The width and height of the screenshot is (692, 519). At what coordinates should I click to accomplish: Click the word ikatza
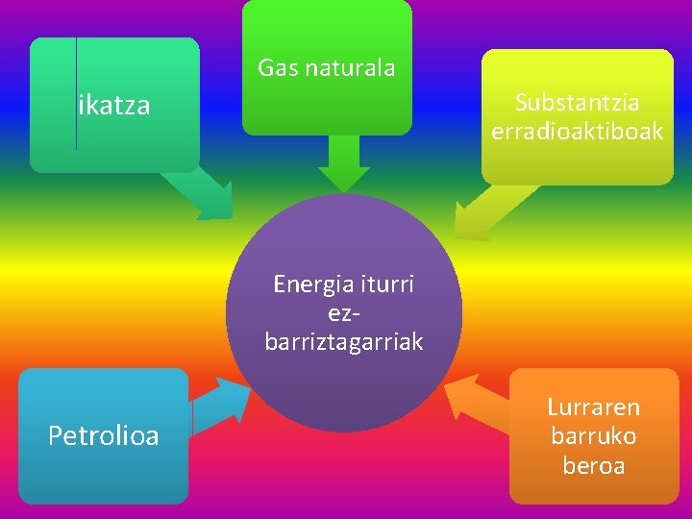tap(114, 105)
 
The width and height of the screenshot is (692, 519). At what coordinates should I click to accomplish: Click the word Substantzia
tap(578, 102)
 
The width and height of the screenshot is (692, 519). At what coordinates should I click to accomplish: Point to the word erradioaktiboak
tap(578, 131)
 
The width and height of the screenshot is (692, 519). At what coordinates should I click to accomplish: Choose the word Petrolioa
tap(104, 437)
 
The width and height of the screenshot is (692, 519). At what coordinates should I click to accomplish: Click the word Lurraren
tap(594, 408)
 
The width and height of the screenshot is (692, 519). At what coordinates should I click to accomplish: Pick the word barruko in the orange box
tap(594, 436)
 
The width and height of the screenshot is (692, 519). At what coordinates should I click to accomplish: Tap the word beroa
tap(594, 466)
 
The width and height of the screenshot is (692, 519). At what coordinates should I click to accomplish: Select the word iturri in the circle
tap(386, 284)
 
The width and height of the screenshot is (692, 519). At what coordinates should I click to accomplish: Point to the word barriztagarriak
tap(344, 342)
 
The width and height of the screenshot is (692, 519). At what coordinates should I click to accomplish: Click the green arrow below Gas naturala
tap(344, 163)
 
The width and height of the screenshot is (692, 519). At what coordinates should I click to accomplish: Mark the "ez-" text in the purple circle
tap(343, 313)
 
